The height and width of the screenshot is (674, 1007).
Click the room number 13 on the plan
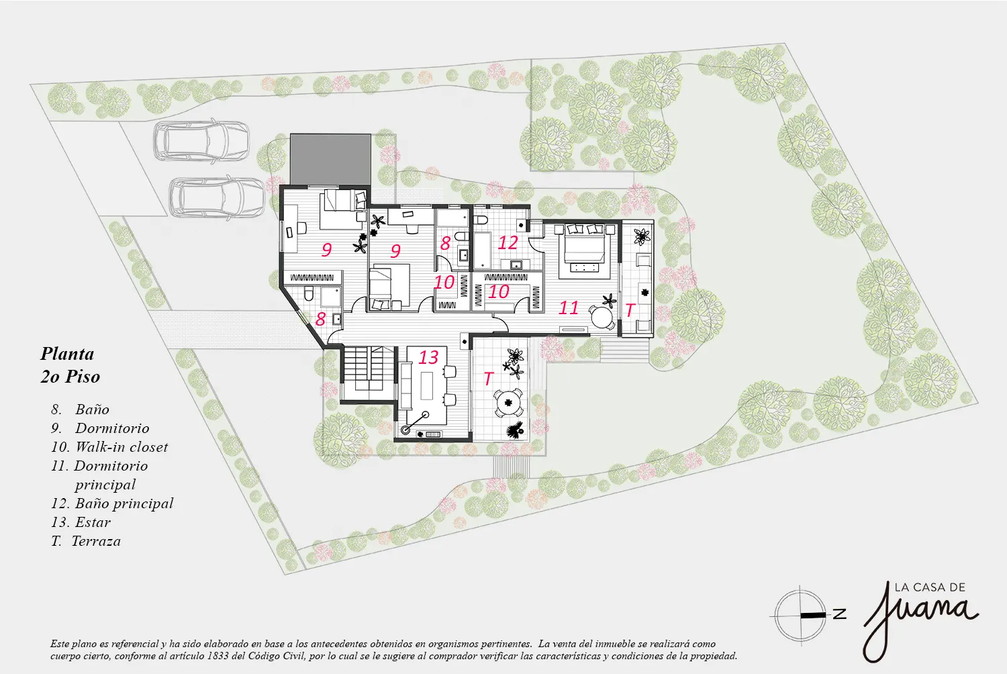428,357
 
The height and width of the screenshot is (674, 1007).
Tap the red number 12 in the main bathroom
508,243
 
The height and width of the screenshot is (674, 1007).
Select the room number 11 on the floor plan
568,308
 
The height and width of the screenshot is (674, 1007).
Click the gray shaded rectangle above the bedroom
330,159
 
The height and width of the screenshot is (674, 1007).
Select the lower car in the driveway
218,198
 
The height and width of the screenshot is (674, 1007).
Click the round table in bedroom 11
602,318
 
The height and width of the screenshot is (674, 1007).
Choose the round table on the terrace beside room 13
508,403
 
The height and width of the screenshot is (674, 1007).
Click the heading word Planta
67,354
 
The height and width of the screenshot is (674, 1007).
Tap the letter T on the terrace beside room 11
630,309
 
